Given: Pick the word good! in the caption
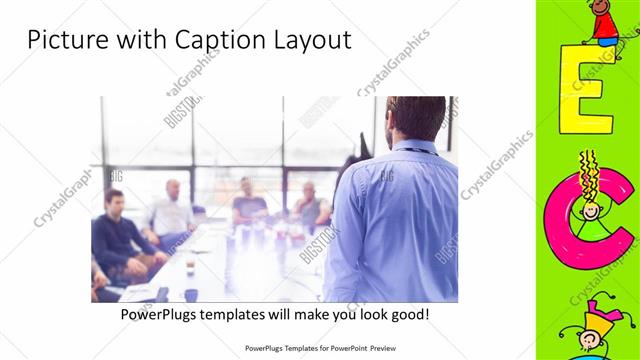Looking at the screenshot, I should (408, 314).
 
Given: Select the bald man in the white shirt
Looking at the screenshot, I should (172, 210).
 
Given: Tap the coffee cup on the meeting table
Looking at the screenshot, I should (190, 267).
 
